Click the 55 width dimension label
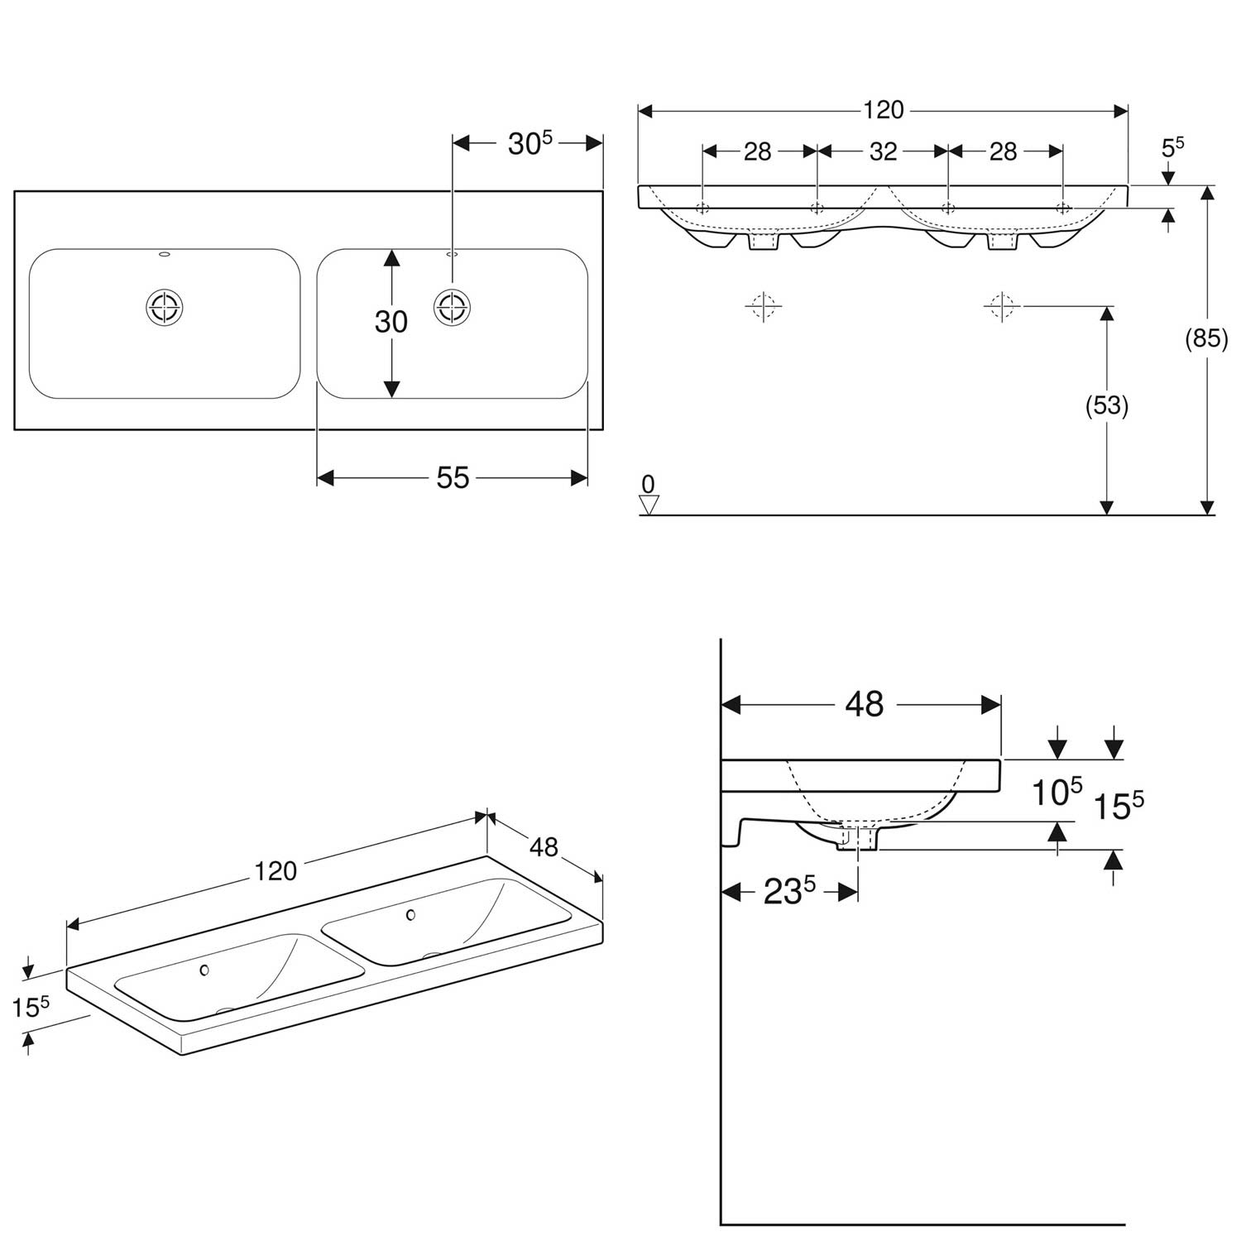pyautogui.click(x=453, y=477)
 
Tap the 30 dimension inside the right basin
pyautogui.click(x=391, y=321)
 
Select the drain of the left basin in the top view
pyautogui.click(x=164, y=308)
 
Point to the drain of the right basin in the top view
pyautogui.click(x=453, y=308)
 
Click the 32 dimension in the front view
pyautogui.click(x=883, y=151)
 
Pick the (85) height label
pyautogui.click(x=1207, y=338)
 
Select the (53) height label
pyautogui.click(x=1107, y=405)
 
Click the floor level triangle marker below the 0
pyautogui.click(x=649, y=504)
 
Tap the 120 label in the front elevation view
pyautogui.click(x=884, y=110)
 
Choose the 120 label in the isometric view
pyautogui.click(x=276, y=871)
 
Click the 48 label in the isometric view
pyautogui.click(x=544, y=847)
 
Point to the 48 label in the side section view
pyautogui.click(x=865, y=704)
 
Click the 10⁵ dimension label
pyautogui.click(x=1057, y=792)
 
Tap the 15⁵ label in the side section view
pyautogui.click(x=1119, y=805)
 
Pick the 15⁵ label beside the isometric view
pyautogui.click(x=31, y=1006)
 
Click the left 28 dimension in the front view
pyautogui.click(x=757, y=151)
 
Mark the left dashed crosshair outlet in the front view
pyautogui.click(x=762, y=307)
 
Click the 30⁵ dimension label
pyautogui.click(x=529, y=143)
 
